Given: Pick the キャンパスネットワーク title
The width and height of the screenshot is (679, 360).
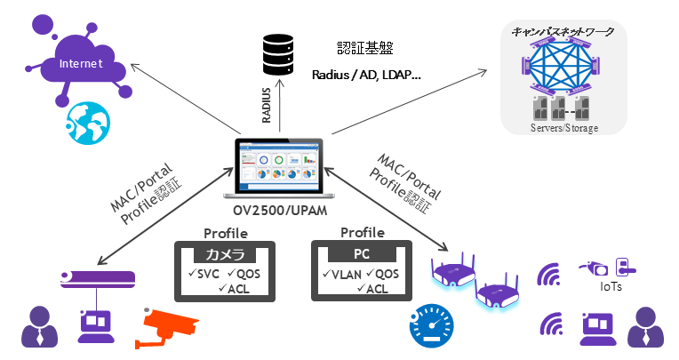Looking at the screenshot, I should [563, 31].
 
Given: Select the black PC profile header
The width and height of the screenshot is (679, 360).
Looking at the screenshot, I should [363, 254].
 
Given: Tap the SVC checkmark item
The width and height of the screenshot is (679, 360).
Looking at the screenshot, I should [200, 273].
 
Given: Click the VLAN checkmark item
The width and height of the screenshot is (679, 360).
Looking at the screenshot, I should [342, 274].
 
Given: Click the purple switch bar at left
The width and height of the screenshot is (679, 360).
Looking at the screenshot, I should [97, 277].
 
